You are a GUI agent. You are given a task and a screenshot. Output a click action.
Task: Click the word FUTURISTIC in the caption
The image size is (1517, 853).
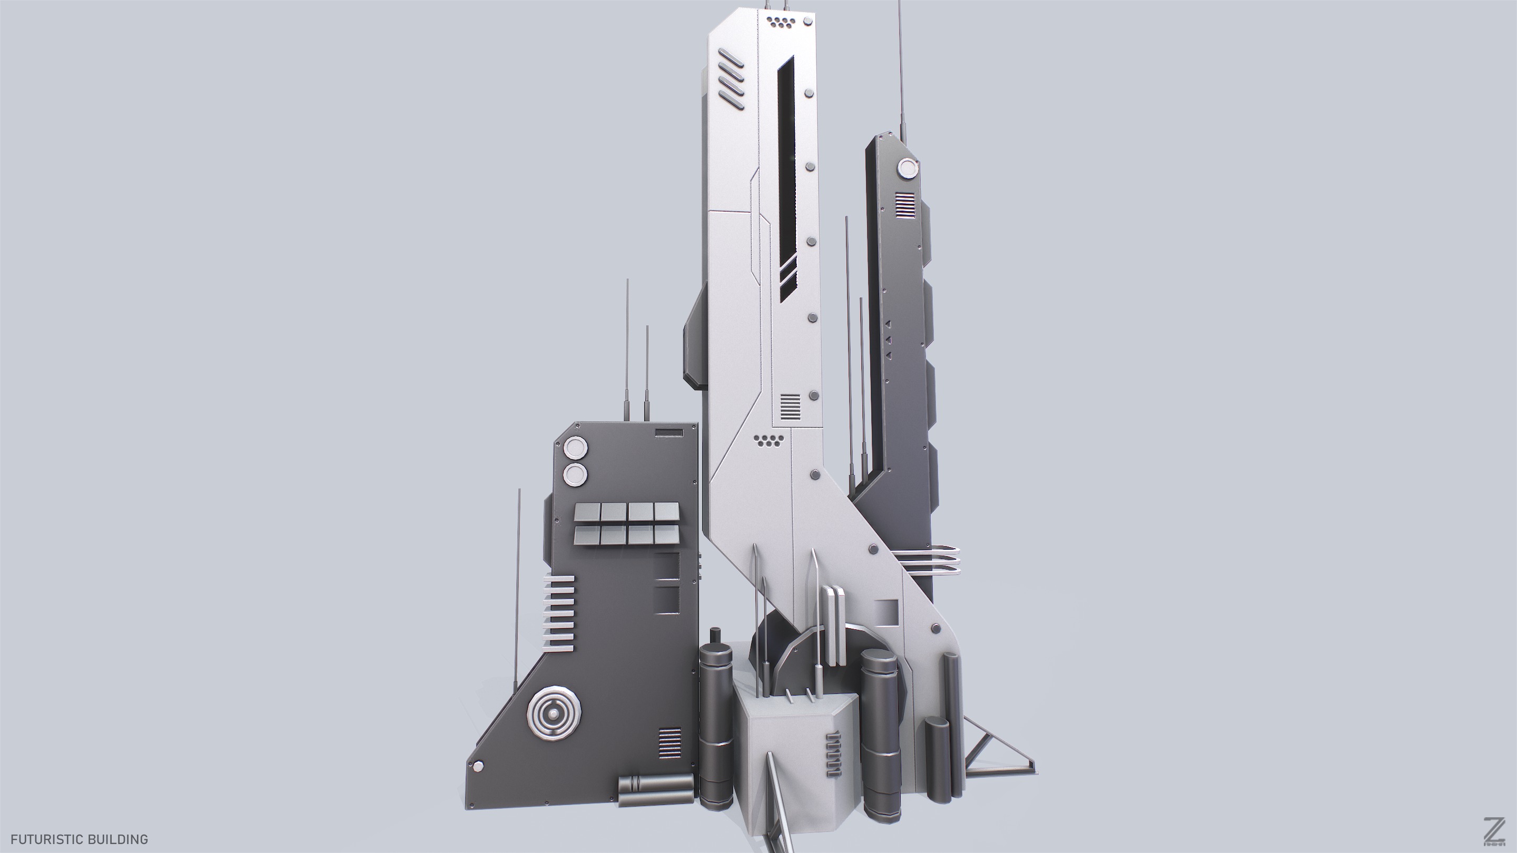[45, 839]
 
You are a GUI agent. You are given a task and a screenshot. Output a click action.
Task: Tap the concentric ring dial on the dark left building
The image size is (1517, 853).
[142, 714]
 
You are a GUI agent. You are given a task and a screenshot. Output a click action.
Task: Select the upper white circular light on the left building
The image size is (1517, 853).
[163, 448]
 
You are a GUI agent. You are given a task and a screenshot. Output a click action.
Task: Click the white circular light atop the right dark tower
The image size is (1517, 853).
[907, 170]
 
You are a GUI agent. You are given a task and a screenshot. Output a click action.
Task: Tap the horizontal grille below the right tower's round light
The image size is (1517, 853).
[907, 205]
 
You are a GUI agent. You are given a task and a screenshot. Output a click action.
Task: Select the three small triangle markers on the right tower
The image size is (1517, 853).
[888, 339]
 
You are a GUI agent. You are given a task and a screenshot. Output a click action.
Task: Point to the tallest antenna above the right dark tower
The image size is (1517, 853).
[900, 71]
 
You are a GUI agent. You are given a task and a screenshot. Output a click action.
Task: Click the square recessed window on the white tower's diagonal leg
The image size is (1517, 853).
[886, 612]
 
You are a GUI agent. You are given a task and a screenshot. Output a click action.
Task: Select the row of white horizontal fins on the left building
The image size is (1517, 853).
[145, 613]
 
